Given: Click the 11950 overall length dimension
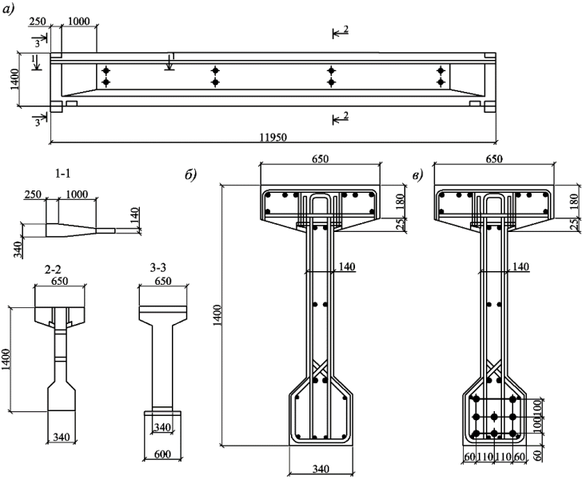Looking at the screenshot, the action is pyautogui.click(x=273, y=138).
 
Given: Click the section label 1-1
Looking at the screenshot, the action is pyautogui.click(x=62, y=174).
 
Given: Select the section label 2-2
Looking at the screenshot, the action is pyautogui.click(x=52, y=270).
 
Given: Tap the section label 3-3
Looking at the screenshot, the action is pyautogui.click(x=158, y=267).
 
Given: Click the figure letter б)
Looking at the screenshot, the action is pyautogui.click(x=190, y=175).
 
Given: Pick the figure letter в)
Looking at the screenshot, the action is pyautogui.click(x=417, y=176).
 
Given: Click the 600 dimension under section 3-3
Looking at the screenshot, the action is pyautogui.click(x=162, y=454).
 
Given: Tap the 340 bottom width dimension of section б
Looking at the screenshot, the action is pyautogui.click(x=320, y=469).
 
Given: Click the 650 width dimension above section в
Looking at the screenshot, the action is pyautogui.click(x=494, y=159).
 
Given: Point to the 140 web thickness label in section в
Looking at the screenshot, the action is pyautogui.click(x=520, y=266).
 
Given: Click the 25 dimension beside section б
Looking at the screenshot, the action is pyautogui.click(x=401, y=225).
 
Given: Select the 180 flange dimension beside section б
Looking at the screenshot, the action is pyautogui.click(x=401, y=202).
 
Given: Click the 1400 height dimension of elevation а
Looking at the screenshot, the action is pyautogui.click(x=15, y=78).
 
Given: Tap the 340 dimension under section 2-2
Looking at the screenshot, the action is pyautogui.click(x=62, y=437).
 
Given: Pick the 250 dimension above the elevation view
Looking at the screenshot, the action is pyautogui.click(x=37, y=21).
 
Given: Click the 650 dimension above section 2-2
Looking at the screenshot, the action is pyautogui.click(x=60, y=281).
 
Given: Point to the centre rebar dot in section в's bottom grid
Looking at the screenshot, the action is pyautogui.click(x=494, y=417).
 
